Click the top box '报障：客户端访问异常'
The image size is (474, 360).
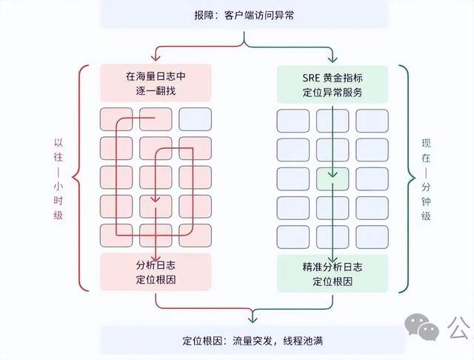coord(244,15)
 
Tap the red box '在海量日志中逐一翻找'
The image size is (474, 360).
coord(156,83)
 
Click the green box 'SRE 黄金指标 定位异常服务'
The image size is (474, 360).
coord(333,83)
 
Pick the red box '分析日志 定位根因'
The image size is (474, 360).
coord(156,272)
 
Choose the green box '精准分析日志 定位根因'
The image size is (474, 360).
coord(333,272)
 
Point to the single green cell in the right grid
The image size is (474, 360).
coord(333,178)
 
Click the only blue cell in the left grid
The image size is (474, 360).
coord(195,119)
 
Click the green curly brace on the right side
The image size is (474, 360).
coord(404,178)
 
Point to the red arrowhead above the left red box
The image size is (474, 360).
coord(156,59)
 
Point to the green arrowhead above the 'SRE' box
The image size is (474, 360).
coord(333,59)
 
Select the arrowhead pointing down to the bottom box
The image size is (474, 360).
coord(252,319)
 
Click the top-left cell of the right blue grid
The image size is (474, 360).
coord(293,119)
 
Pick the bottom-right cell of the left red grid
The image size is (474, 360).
coord(195,236)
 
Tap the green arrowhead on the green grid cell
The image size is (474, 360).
coord(333,173)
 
